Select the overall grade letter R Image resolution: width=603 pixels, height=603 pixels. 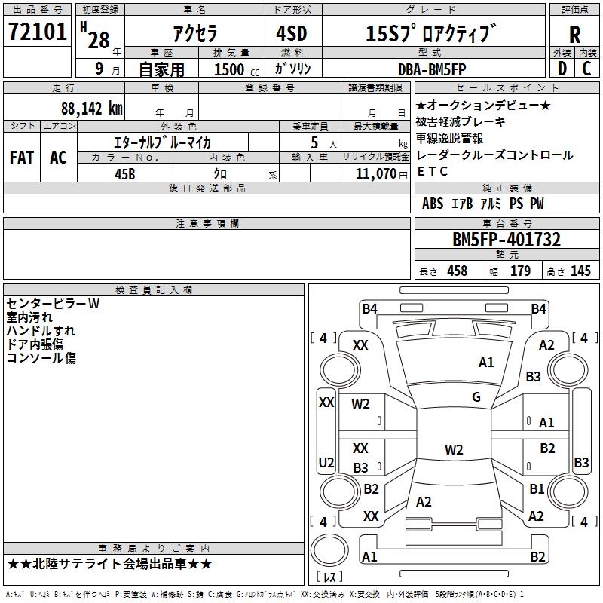[x=574, y=35]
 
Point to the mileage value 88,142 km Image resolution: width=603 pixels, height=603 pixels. [x=91, y=109]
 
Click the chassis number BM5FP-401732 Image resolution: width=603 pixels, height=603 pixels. [x=506, y=240]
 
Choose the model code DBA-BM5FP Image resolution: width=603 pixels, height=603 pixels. [x=432, y=69]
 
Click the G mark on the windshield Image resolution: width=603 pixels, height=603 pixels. [x=476, y=397]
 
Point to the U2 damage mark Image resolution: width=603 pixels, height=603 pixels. [x=326, y=462]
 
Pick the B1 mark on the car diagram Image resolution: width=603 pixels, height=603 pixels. [x=537, y=489]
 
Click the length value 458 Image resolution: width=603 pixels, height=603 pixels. [x=457, y=271]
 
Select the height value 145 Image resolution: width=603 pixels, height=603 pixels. [x=580, y=271]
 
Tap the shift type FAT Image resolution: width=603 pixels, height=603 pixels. [x=21, y=157]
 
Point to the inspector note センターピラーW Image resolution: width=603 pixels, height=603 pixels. [x=53, y=304]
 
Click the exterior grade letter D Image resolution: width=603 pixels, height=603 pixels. [x=562, y=69]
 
